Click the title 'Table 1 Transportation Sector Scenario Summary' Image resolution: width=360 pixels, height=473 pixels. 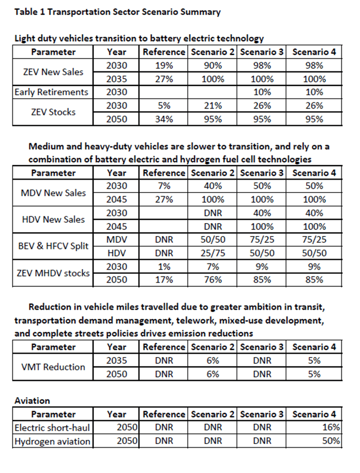point(117,12)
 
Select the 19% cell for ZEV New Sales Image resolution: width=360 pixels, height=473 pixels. point(163,66)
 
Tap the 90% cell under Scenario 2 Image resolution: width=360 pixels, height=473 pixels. point(213,66)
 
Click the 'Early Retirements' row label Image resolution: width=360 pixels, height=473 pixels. point(52,93)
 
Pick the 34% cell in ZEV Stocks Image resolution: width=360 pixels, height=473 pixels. point(163,119)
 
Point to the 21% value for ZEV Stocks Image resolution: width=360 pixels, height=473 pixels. point(213,106)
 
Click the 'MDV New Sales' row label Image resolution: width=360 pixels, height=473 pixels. point(52,193)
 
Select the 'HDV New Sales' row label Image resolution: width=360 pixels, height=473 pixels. point(52,219)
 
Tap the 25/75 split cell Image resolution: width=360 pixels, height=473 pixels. point(213,253)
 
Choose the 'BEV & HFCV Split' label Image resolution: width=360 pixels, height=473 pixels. point(52,246)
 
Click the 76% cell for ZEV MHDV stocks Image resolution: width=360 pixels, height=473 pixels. point(213,280)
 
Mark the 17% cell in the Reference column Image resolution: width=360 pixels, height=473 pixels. point(163,280)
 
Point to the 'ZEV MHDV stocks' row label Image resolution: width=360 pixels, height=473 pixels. point(52,273)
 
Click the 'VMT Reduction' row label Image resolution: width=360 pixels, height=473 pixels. point(52,367)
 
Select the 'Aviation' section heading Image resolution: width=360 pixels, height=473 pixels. point(33,401)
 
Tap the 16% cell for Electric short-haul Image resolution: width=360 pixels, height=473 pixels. point(332,428)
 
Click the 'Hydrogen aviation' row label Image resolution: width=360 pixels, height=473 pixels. point(52,441)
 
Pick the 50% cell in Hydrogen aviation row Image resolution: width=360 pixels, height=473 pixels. point(332,441)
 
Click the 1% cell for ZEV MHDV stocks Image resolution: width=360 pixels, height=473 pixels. point(163,267)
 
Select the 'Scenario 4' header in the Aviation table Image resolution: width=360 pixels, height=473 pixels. point(314,415)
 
